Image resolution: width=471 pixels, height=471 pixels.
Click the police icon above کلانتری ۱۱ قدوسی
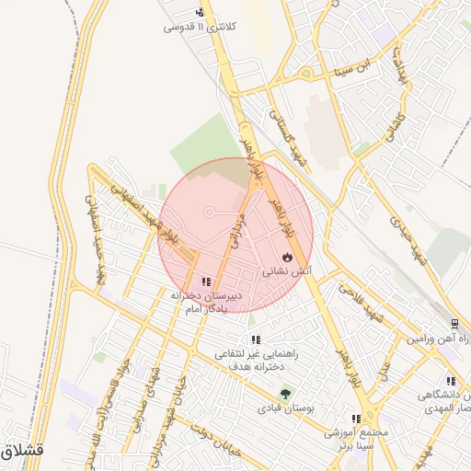[201, 13]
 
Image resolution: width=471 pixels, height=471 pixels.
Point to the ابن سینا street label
[355, 68]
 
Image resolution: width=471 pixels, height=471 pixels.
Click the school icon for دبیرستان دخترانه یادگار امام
[204, 281]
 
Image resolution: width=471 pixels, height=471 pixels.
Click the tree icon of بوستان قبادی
[284, 393]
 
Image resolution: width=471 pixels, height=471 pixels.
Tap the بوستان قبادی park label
[281, 407]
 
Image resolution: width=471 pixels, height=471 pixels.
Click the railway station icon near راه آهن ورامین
[454, 325]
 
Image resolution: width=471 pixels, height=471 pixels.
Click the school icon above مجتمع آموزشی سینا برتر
[356, 419]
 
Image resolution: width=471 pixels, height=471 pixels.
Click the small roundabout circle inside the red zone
[210, 213]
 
